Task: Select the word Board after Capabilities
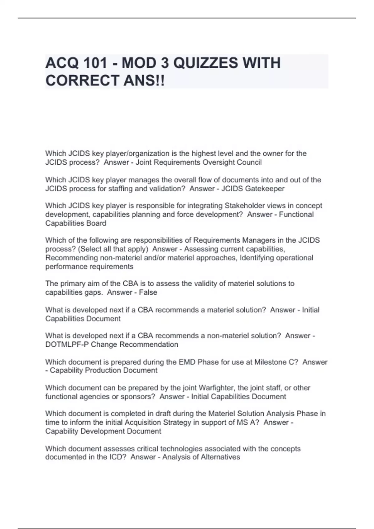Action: coord(97,223)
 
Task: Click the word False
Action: coord(148,292)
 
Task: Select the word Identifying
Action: coord(257,258)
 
